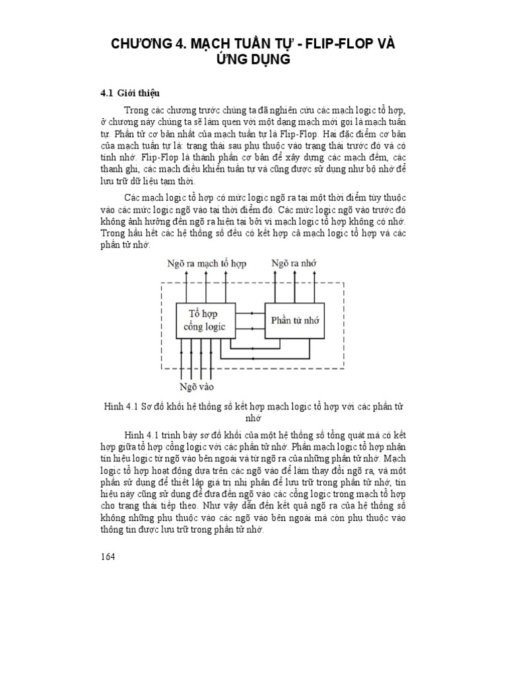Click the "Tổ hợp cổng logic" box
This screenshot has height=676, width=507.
pyautogui.click(x=203, y=320)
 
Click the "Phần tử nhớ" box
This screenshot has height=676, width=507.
pyautogui.click(x=295, y=320)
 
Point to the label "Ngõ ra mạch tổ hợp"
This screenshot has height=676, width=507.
pyautogui.click(x=207, y=263)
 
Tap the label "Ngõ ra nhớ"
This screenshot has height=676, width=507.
pyautogui.click(x=294, y=263)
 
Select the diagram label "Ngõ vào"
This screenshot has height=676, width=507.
pyautogui.click(x=197, y=386)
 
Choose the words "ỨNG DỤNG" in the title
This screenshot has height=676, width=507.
pyautogui.click(x=253, y=61)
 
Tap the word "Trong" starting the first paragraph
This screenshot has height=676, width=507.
pyautogui.click(x=135, y=109)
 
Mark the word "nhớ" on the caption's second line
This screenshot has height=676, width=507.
pyautogui.click(x=253, y=419)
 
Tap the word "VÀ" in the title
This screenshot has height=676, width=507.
pyautogui.click(x=386, y=44)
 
